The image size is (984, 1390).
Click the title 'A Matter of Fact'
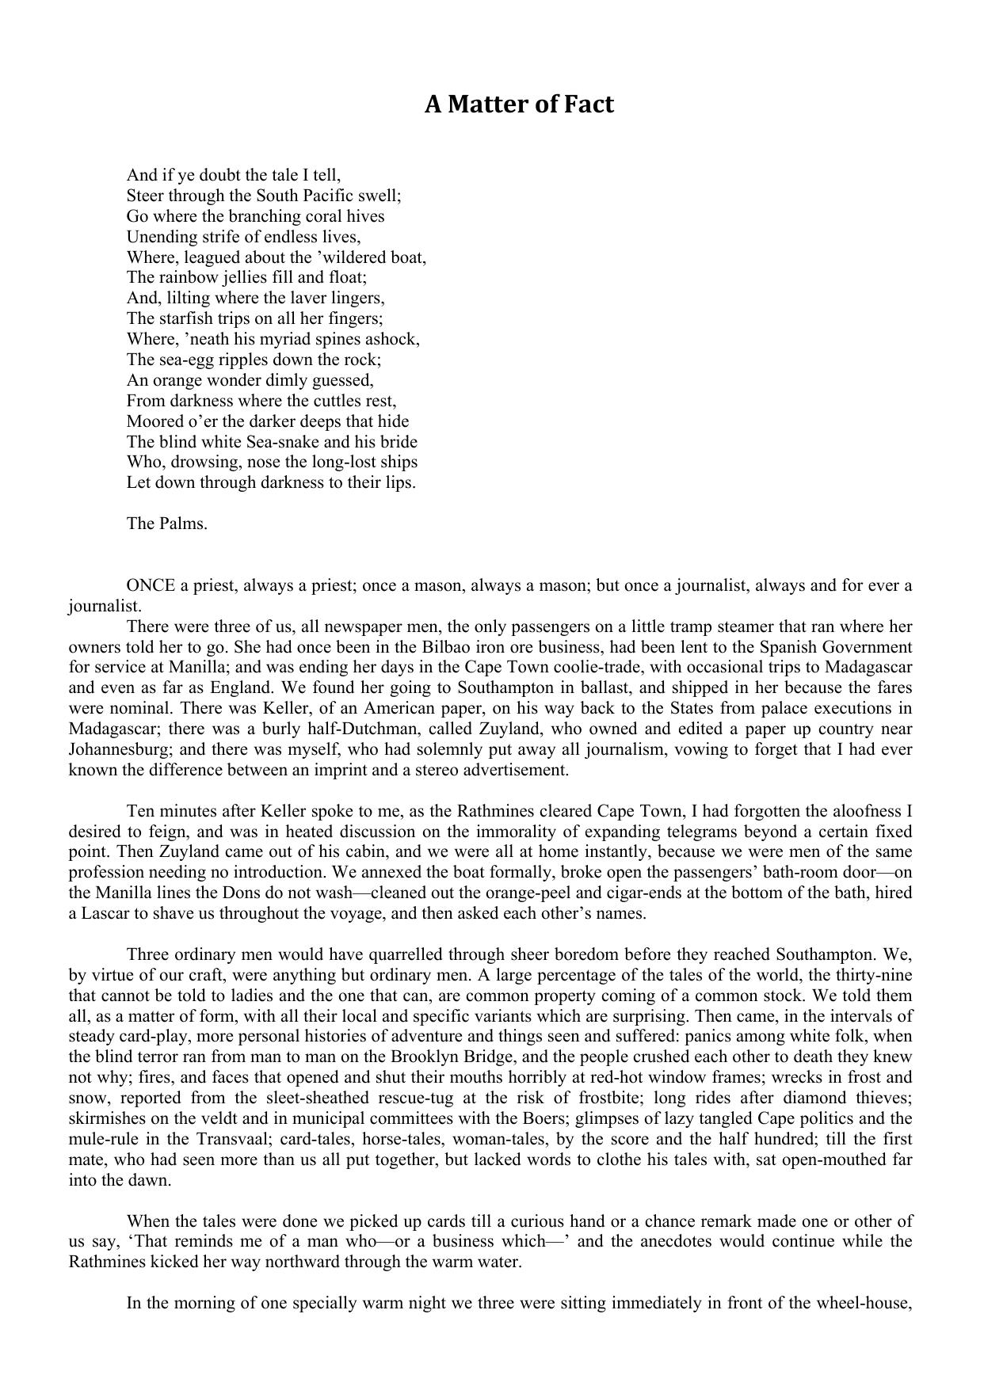coord(519,105)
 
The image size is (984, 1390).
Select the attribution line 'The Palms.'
coord(167,524)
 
